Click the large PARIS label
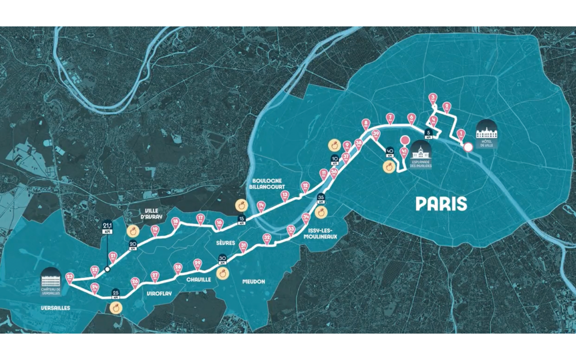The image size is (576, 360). pyautogui.click(x=441, y=204)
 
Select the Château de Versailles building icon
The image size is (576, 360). pyautogui.click(x=51, y=277)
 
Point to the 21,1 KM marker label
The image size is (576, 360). pyautogui.click(x=107, y=226)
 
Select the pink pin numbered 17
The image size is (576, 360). pyautogui.click(x=200, y=219)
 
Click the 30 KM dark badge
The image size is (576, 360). pyautogui.click(x=223, y=259)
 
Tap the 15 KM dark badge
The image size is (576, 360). pyautogui.click(x=241, y=221)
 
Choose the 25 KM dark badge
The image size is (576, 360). pyautogui.click(x=116, y=294)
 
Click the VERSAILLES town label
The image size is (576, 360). pyautogui.click(x=56, y=307)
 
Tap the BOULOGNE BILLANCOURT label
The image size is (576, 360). pyautogui.click(x=272, y=184)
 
